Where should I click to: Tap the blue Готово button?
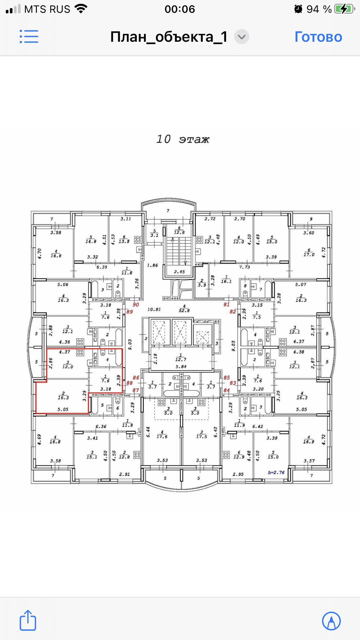pyautogui.click(x=318, y=37)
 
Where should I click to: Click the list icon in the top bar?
pyautogui.click(x=29, y=37)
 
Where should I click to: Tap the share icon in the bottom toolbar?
pyautogui.click(x=28, y=620)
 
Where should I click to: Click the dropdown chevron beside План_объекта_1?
pyautogui.click(x=242, y=37)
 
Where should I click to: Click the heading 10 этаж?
pyautogui.click(x=183, y=139)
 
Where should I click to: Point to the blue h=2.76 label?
pyautogui.click(x=276, y=472)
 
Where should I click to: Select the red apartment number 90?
pyautogui.click(x=136, y=305)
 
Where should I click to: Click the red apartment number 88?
pyautogui.click(x=130, y=383)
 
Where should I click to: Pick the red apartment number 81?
pyautogui.click(x=227, y=304)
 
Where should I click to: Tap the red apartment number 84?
pyautogui.click(x=227, y=390)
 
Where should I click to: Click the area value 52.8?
pyautogui.click(x=184, y=311)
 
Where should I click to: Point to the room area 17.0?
pyautogui.click(x=309, y=254)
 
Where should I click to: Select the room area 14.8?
pyautogui.click(x=91, y=241)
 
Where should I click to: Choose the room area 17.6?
pyautogui.click(x=162, y=436)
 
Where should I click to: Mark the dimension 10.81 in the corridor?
pyautogui.click(x=154, y=309)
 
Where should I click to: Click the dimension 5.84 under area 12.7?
pyautogui.click(x=181, y=367)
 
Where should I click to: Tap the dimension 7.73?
pyautogui.click(x=244, y=267)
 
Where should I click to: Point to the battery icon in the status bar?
pyautogui.click(x=345, y=9)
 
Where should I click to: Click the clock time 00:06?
pyautogui.click(x=180, y=9)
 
